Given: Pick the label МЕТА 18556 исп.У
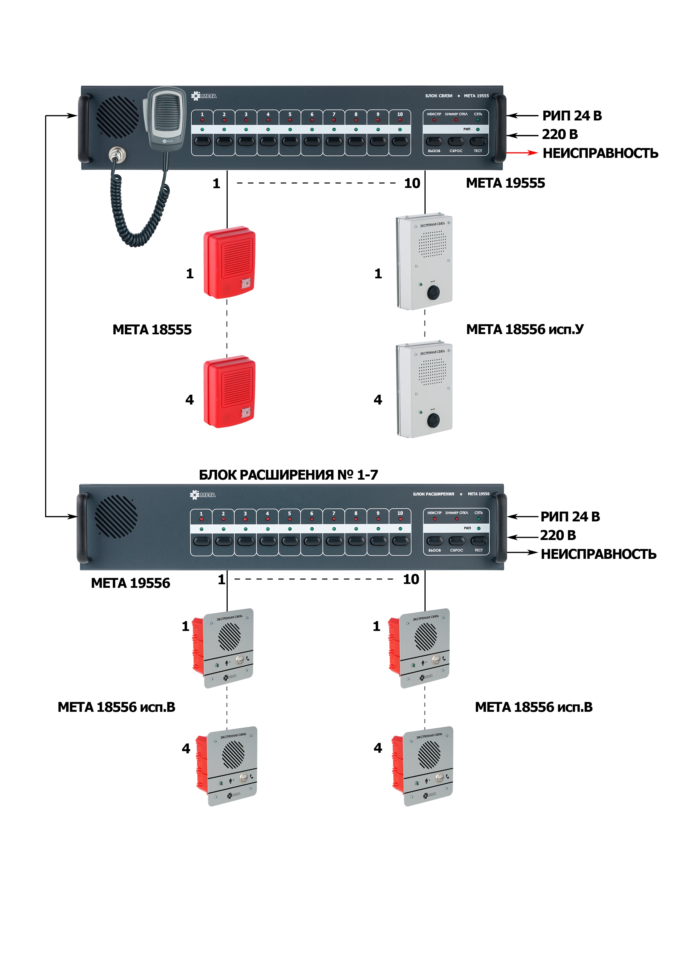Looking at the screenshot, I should (525, 329).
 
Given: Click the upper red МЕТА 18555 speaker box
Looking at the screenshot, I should (230, 262).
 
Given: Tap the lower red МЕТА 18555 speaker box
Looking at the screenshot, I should (230, 392).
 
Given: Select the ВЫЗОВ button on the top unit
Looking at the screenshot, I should (434, 141).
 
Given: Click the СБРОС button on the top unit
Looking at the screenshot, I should (456, 141).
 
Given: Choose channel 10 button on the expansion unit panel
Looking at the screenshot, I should (400, 541).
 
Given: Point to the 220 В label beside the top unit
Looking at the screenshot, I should (560, 134).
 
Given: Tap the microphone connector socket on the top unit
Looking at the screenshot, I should (115, 154).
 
